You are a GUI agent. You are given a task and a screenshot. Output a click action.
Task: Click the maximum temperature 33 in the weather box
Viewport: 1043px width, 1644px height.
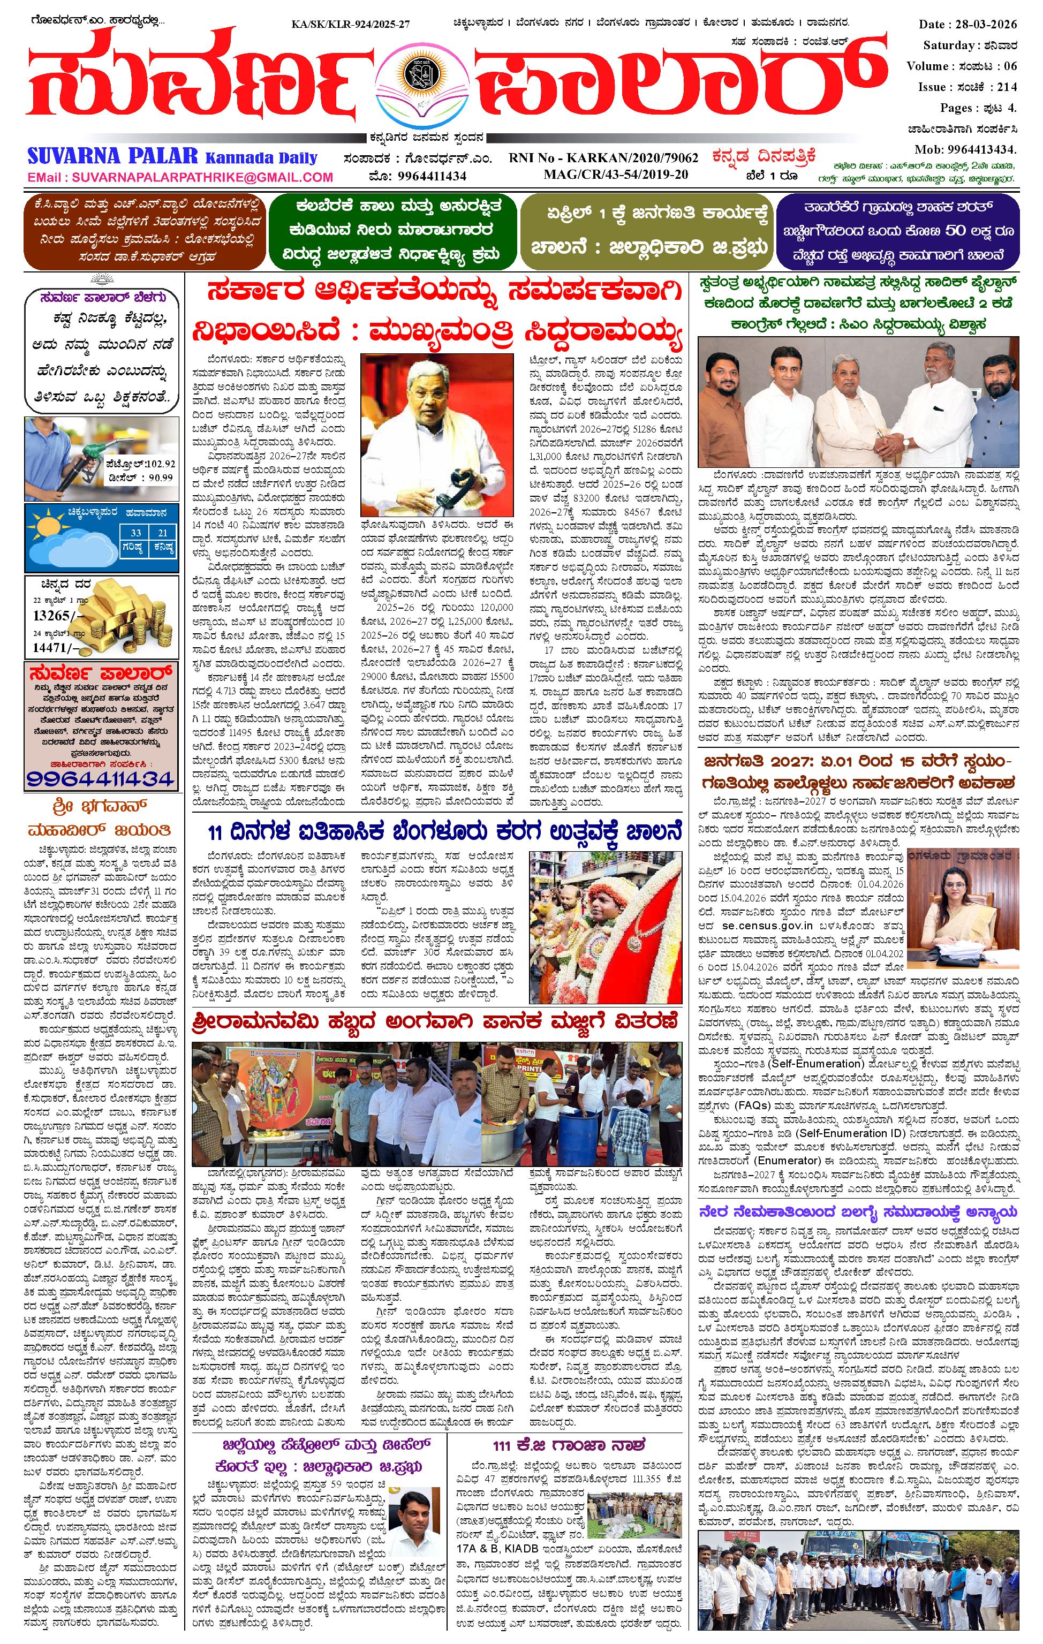137,533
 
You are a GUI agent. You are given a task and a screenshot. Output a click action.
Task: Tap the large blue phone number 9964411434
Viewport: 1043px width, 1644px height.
101,778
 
